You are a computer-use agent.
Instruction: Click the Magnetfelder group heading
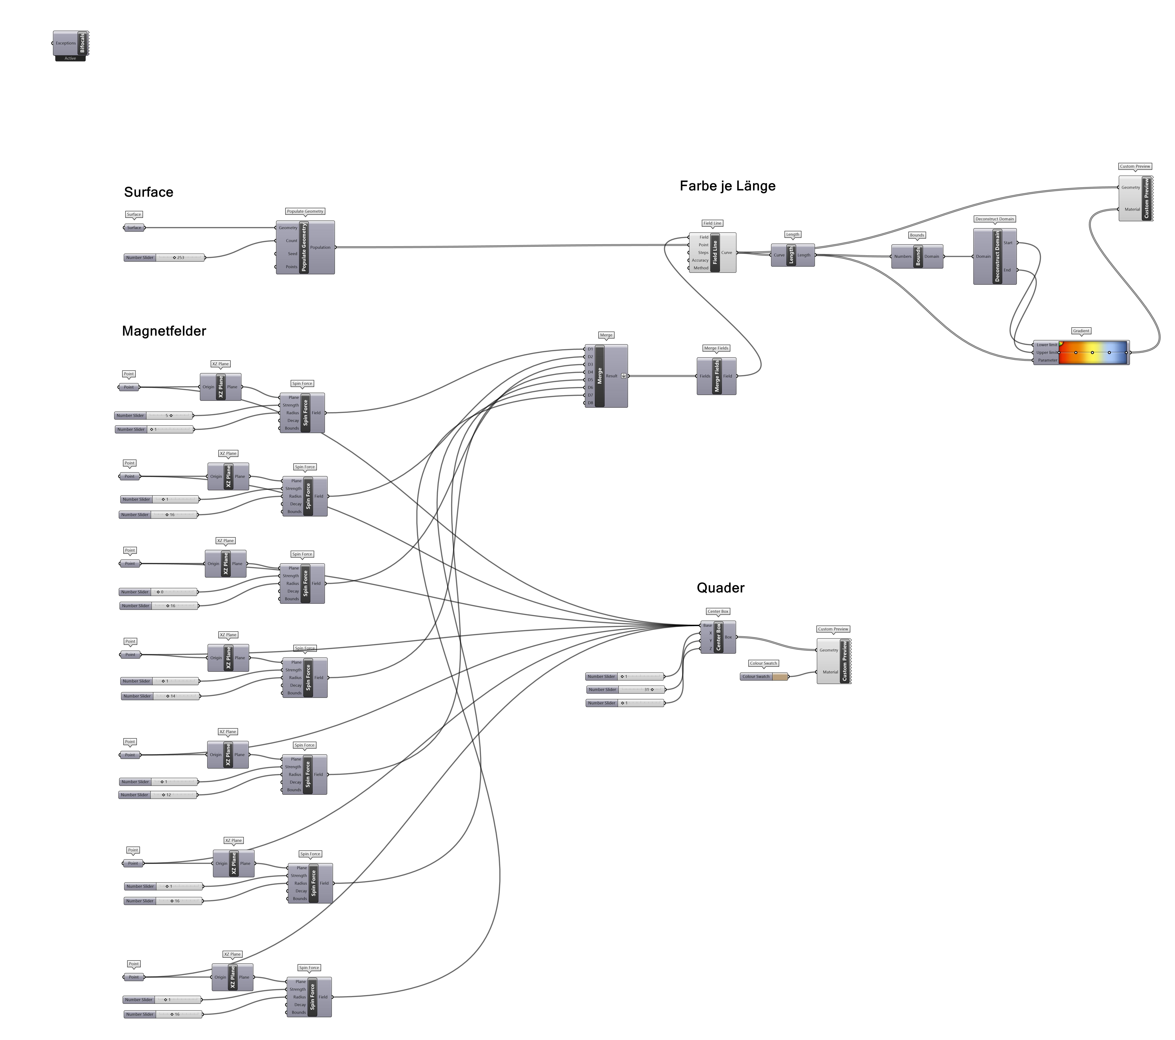164,331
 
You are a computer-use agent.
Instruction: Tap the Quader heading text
720,588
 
